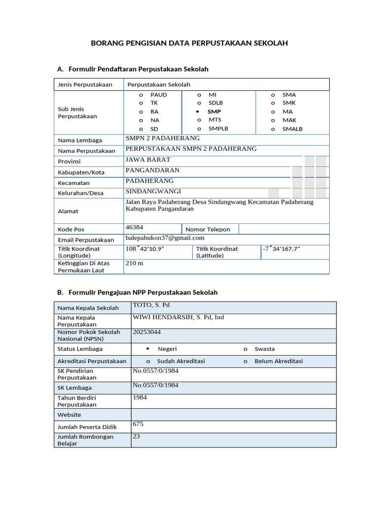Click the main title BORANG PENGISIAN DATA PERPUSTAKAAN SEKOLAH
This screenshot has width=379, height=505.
coord(189,43)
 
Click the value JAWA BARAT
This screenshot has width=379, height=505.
coord(148,160)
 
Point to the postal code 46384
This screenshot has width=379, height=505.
coord(134,227)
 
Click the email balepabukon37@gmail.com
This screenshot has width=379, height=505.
coord(165,238)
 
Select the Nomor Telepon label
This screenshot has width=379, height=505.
coord(208,229)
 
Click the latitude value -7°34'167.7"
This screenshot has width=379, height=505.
coord(281,249)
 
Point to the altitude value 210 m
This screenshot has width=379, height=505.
coord(134,263)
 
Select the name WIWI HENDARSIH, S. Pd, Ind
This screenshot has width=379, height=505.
coord(178,317)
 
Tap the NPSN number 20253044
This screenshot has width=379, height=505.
coord(147,332)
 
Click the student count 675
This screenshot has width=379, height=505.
coord(138,424)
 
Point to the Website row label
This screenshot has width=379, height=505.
coord(69,415)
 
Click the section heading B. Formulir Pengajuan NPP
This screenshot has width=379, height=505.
coord(137,292)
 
